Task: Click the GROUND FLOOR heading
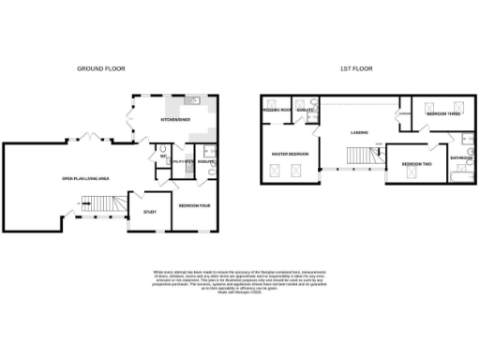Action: [x=100, y=68]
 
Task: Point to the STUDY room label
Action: [x=149, y=212]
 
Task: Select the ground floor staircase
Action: [x=96, y=202]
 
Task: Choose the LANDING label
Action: [x=359, y=132]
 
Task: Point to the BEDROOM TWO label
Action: [x=415, y=164]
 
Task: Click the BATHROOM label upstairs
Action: [x=460, y=158]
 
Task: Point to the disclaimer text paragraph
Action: [x=239, y=280]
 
